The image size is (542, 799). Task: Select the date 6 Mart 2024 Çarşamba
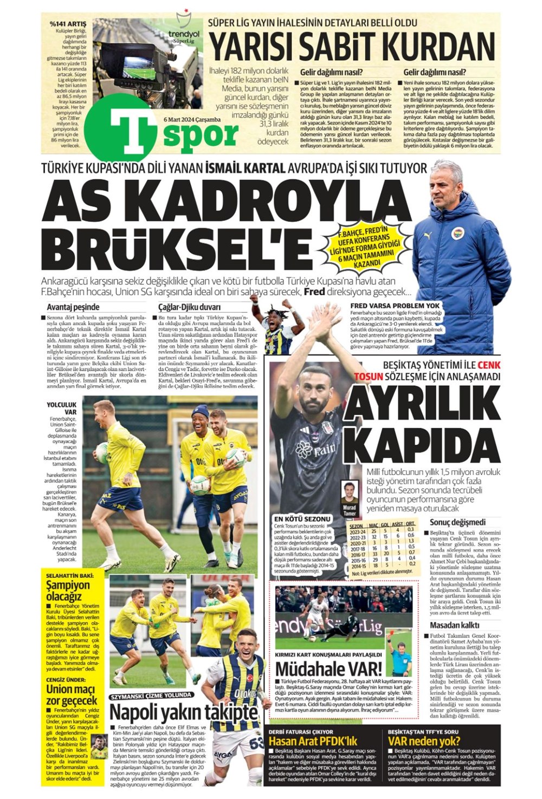(x=192, y=119)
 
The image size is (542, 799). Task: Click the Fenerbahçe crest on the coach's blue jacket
(x=458, y=233)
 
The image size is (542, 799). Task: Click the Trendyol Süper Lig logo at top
(x=184, y=32)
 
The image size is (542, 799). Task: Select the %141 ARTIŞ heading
(x=67, y=24)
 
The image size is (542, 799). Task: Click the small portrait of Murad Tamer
(x=349, y=492)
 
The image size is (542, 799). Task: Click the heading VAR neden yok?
(x=424, y=741)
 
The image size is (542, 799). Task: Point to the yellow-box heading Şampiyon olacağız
(x=68, y=590)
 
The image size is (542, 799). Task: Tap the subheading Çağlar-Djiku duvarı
(x=186, y=307)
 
